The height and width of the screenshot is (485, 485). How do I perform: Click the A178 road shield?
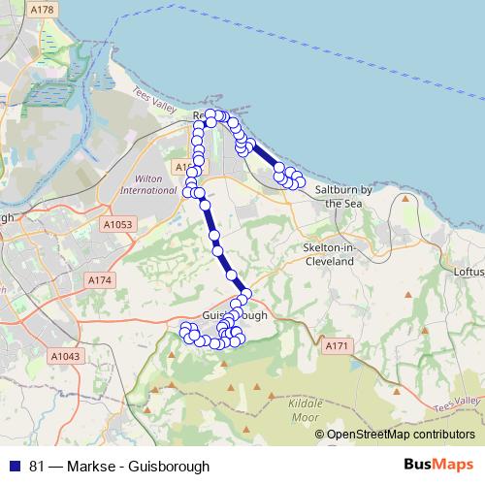click(42, 10)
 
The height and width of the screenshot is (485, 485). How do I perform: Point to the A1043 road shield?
click(65, 356)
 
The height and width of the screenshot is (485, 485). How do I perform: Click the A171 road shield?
click(337, 346)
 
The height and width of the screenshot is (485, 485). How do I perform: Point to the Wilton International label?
click(147, 184)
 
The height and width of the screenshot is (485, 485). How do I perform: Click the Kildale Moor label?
click(305, 409)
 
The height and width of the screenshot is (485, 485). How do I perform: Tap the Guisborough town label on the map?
click(236, 317)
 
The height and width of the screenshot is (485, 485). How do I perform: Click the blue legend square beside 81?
click(15, 466)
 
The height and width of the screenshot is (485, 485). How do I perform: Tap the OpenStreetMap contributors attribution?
click(400, 435)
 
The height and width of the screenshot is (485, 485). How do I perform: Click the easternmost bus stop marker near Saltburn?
click(300, 181)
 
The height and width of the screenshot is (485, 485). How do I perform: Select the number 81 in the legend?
click(38, 466)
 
